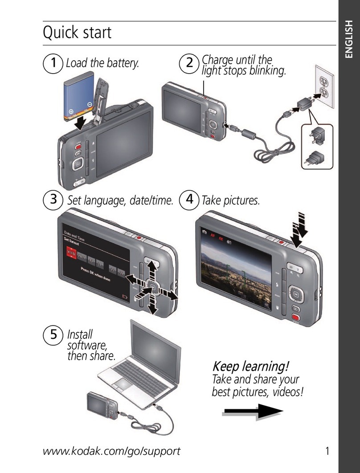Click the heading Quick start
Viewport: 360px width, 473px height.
(x=77, y=33)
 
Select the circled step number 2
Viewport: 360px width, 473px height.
(x=189, y=64)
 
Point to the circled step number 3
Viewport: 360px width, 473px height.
(x=53, y=200)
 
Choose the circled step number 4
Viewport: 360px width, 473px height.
(x=189, y=200)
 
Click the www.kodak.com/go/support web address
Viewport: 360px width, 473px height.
(x=111, y=451)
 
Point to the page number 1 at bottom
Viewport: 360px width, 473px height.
(x=328, y=451)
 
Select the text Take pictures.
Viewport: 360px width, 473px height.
(x=230, y=201)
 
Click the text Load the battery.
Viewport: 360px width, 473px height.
(x=102, y=64)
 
